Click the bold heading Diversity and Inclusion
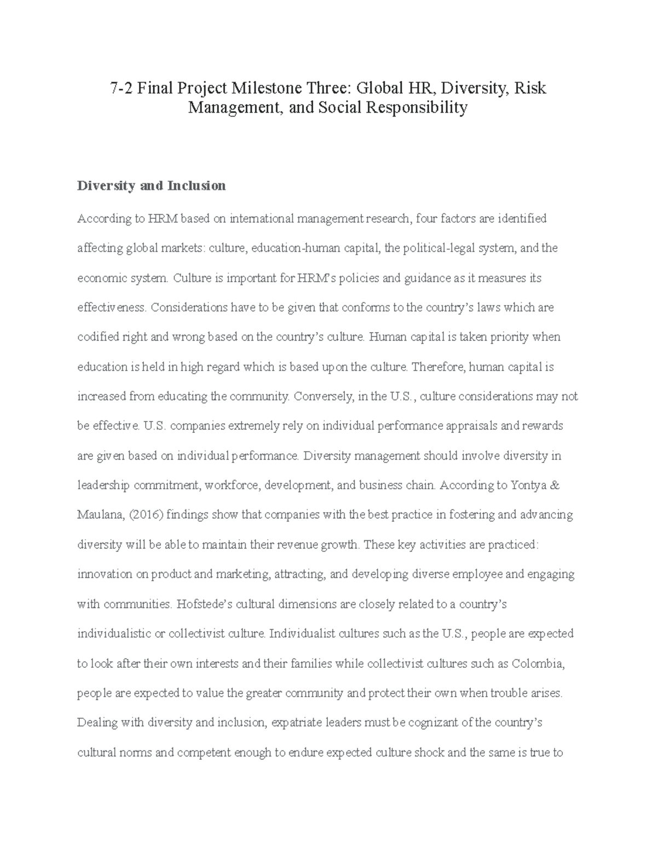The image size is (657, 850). [152, 186]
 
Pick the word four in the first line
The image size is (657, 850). [427, 219]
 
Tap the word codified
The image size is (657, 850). [96, 337]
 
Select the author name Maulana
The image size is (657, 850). [99, 514]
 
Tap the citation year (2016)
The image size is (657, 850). [145, 514]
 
